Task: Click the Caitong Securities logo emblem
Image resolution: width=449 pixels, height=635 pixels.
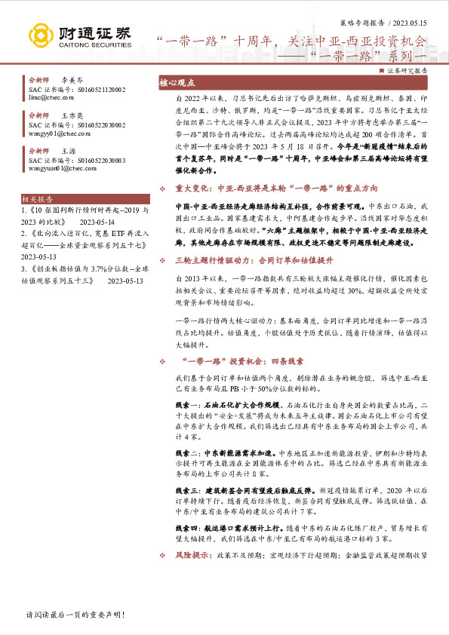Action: [x=44, y=35]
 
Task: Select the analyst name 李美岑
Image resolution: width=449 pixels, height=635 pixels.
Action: [x=72, y=79]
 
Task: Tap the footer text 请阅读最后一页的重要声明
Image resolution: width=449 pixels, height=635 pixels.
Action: [x=74, y=615]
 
